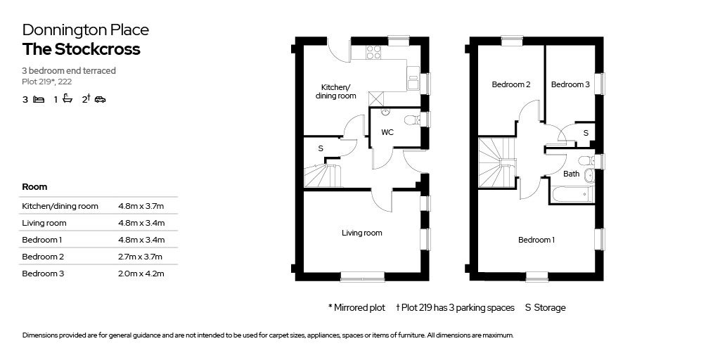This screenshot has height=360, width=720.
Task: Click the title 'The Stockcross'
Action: pyautogui.click(x=81, y=49)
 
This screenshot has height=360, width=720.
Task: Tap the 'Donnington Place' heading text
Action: pyautogui.click(x=85, y=30)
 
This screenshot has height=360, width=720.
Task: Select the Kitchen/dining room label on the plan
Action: pyautogui.click(x=334, y=91)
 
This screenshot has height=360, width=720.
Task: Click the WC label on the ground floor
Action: pyautogui.click(x=387, y=132)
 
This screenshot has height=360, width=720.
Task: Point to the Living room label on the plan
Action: pyautogui.click(x=362, y=233)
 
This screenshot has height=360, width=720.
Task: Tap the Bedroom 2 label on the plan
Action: pyautogui.click(x=510, y=84)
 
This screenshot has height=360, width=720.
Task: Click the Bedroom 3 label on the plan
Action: pyautogui.click(x=570, y=84)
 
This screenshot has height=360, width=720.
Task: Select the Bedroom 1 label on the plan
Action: pyautogui.click(x=536, y=240)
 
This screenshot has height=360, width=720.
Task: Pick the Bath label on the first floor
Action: pyautogui.click(x=572, y=174)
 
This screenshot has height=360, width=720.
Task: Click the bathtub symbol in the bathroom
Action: pyautogui.click(x=572, y=195)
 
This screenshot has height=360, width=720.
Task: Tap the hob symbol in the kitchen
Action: pyautogui.click(x=373, y=51)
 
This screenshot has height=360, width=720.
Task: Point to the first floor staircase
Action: pyautogui.click(x=496, y=164)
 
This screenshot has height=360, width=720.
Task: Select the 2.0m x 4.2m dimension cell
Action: pyautogui.click(x=141, y=274)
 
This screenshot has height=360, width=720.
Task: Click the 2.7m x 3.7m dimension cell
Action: pyautogui.click(x=141, y=257)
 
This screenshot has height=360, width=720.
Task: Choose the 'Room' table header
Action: pyautogui.click(x=34, y=187)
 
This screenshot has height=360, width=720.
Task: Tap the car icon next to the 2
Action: pyautogui.click(x=100, y=100)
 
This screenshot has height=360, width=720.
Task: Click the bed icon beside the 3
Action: pyautogui.click(x=39, y=100)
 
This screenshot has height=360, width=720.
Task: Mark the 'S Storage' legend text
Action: pyautogui.click(x=545, y=307)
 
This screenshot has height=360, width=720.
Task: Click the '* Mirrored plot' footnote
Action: pyautogui.click(x=356, y=307)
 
